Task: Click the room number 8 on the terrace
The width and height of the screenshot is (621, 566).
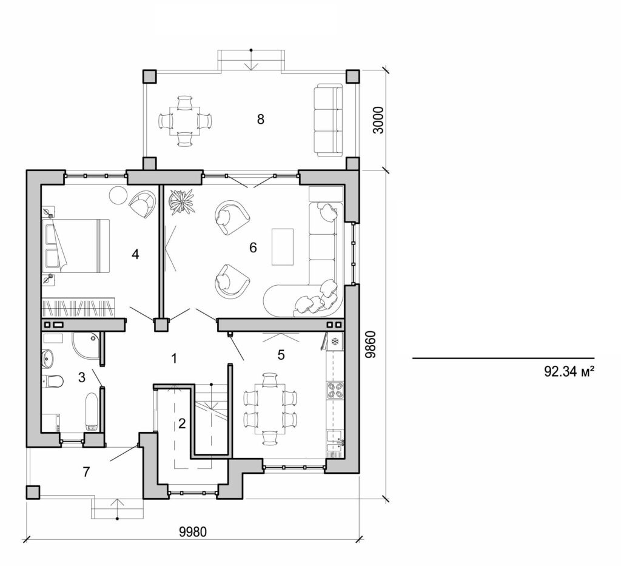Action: coord(260,119)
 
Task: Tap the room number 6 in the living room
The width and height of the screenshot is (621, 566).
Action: coord(253,248)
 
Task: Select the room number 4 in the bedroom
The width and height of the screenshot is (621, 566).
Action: coord(135,255)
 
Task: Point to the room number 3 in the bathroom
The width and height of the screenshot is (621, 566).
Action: coord(81,377)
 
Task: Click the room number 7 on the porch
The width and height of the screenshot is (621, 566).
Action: coord(86,471)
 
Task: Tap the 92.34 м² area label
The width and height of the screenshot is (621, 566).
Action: coord(568,372)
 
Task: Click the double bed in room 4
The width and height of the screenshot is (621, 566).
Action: coord(76,246)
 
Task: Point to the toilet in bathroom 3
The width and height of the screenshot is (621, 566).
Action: coord(53,382)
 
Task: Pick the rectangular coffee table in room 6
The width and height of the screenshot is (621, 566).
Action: coord(283,246)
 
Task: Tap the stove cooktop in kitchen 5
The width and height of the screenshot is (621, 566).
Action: coord(334,391)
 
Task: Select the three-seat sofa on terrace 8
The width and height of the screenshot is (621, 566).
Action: coord(328,120)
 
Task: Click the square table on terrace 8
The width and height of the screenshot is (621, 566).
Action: coord(184,120)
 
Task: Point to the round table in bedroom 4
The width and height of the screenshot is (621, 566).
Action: coord(117,195)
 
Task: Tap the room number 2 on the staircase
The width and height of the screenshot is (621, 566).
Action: coord(181,423)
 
